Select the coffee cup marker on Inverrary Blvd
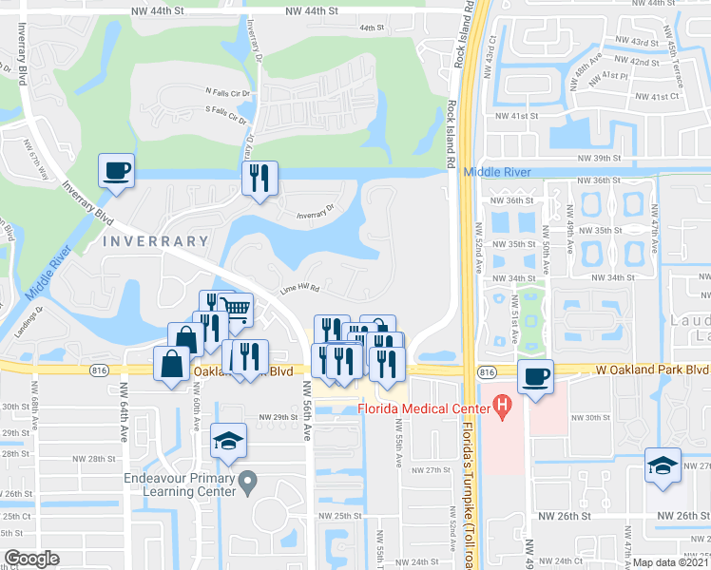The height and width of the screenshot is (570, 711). (x=117, y=171)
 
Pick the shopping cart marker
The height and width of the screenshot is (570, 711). (x=235, y=309)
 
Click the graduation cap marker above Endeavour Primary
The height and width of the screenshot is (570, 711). (x=228, y=440)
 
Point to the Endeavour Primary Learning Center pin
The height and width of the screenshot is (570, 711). (x=247, y=484)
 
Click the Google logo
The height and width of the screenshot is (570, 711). (x=31, y=559)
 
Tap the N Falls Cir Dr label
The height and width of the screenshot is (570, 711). (x=227, y=92)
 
